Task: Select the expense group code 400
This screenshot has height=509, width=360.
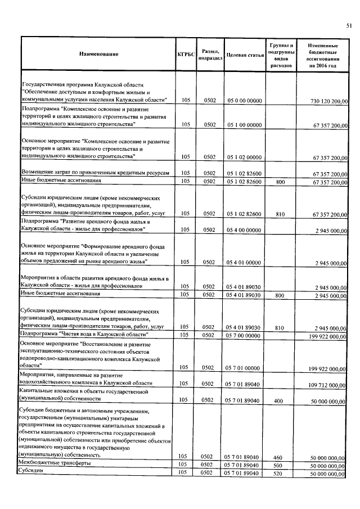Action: tap(276, 401)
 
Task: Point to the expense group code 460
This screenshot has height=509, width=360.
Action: tap(276, 456)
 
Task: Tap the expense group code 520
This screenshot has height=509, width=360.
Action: tap(276, 474)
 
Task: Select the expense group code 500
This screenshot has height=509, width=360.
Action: tap(276, 465)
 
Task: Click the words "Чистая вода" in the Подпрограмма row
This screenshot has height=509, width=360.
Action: tap(76, 335)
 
